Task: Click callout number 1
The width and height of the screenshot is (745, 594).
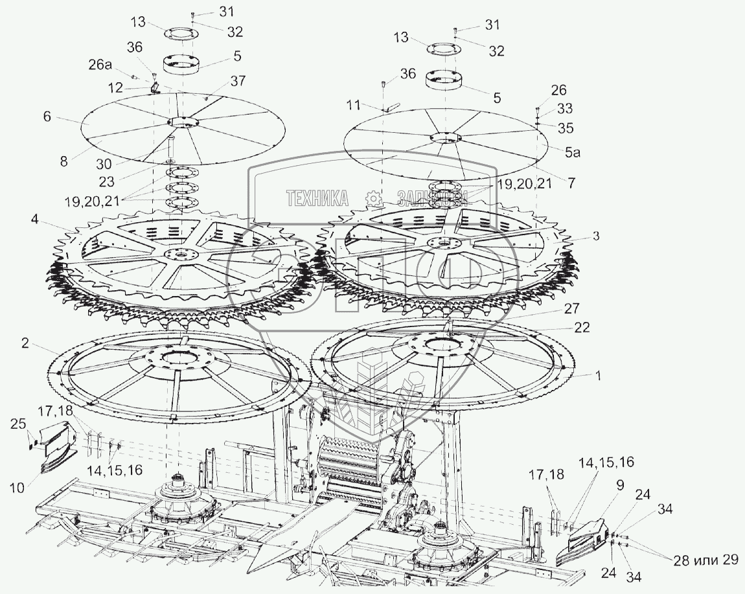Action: [597, 376]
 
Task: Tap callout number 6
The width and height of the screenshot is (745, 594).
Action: [47, 117]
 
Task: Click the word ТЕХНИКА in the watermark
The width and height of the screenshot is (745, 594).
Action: [317, 198]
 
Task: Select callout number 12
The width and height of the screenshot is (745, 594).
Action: [115, 86]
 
